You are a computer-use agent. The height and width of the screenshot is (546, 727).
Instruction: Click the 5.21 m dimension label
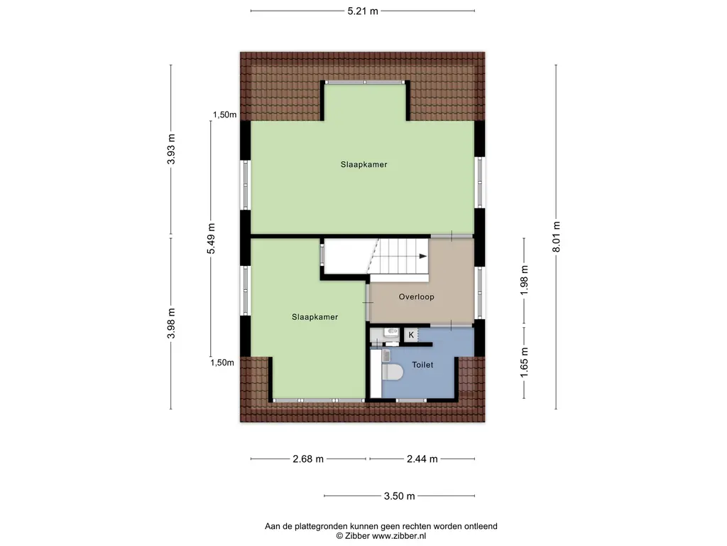363,11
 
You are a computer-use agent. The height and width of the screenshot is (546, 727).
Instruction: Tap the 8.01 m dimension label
557,237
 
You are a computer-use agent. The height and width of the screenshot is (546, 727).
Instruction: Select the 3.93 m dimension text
171,149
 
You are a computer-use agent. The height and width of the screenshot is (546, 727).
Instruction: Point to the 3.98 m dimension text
171,323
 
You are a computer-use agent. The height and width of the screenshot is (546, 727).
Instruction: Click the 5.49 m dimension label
211,239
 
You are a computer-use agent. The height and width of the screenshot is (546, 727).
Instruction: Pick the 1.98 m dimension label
524,280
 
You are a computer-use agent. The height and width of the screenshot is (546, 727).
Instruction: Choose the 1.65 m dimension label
524,362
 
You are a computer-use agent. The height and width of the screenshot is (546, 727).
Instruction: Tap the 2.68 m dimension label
308,459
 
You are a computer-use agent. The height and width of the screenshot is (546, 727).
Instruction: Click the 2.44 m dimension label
422,459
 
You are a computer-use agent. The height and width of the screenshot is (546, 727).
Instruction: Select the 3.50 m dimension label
399,496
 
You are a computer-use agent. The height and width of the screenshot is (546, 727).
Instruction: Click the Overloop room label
416,296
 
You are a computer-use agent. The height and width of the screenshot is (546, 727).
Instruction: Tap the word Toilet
422,365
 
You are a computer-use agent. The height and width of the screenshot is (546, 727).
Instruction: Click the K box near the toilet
411,335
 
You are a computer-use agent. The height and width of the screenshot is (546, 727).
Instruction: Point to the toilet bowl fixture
392,372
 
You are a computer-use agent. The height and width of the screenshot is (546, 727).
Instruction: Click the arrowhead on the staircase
423,256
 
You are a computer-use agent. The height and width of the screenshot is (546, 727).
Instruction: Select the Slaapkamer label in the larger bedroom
364,164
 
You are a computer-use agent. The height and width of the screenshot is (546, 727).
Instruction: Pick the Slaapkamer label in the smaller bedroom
315,317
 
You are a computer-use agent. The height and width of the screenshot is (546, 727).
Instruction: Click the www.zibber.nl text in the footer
399,536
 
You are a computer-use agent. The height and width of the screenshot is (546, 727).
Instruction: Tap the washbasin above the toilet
391,333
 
